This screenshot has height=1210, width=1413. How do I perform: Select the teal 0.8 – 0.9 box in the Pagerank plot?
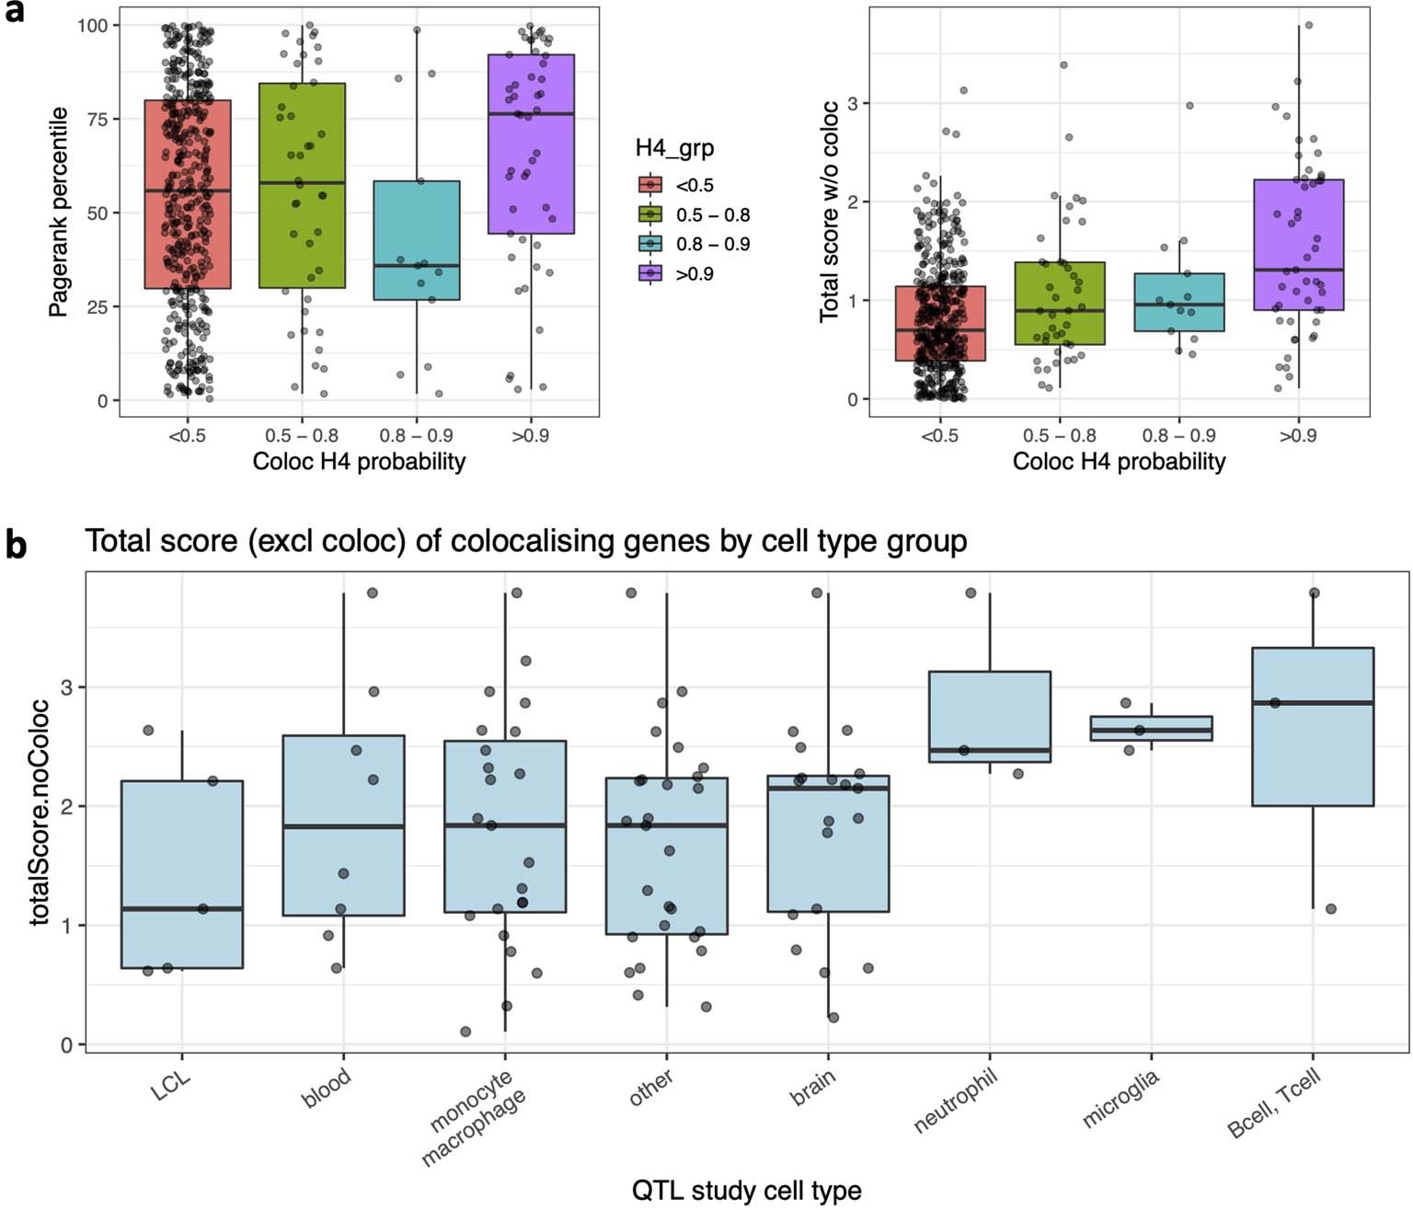[417, 240]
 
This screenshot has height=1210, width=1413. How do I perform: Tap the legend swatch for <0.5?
[650, 186]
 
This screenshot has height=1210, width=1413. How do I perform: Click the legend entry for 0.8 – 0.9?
[712, 245]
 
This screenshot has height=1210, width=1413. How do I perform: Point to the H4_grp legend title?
[674, 148]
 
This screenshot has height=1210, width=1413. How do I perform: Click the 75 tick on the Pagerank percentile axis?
[96, 120]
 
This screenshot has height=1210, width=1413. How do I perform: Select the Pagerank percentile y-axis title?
[59, 213]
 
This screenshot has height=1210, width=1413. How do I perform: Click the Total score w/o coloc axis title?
[830, 213]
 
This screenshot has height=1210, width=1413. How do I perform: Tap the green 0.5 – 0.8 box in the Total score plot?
[1060, 304]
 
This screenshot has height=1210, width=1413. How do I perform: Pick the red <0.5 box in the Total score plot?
[940, 323]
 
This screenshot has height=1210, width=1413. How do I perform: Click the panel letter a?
[14, 16]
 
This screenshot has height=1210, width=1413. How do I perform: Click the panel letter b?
[16, 545]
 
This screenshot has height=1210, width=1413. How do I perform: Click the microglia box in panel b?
[1151, 728]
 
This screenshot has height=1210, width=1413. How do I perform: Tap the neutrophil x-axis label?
[957, 1101]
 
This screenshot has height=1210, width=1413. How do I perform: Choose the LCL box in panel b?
[182, 874]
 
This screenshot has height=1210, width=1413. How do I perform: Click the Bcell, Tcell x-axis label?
[1275, 1103]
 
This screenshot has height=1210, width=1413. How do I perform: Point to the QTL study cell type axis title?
[746, 1191]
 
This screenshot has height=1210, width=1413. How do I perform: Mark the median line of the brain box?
[828, 789]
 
